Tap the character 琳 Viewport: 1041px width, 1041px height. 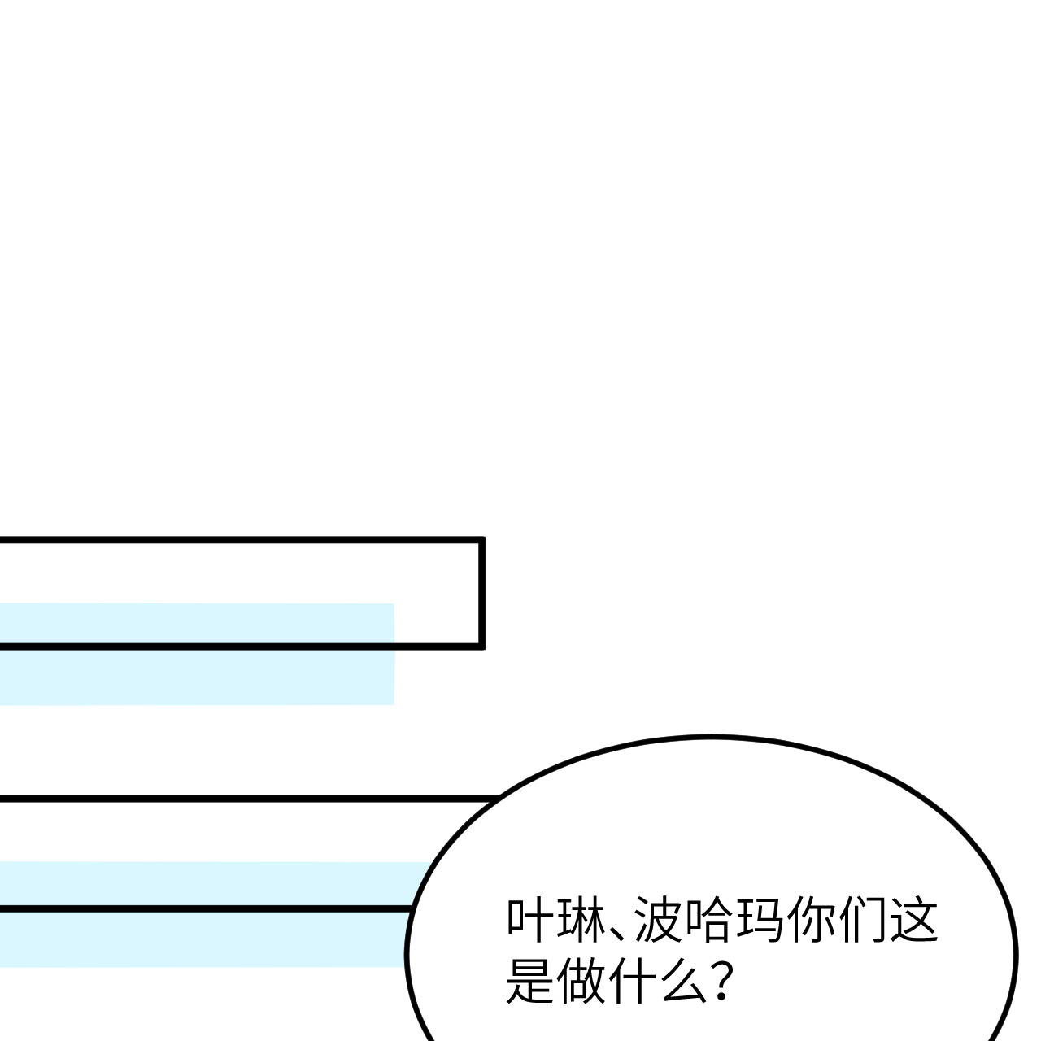[580, 920]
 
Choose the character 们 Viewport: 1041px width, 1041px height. [862, 920]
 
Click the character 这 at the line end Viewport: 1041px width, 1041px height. [913, 920]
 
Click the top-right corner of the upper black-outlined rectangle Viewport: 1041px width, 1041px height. [481, 539]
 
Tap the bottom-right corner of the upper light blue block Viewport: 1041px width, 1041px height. [393, 703]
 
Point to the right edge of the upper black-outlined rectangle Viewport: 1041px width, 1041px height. [481, 592]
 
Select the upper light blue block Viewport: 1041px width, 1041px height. [195, 675]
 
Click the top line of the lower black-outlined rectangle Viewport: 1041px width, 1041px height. [244, 799]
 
